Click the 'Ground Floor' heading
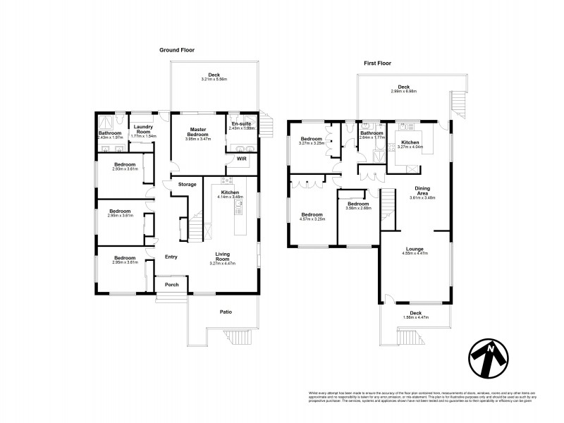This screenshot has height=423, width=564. [176, 50]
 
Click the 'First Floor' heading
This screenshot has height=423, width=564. [378, 63]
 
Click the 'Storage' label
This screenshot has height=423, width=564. [187, 185]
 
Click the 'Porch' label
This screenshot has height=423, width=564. [171, 286]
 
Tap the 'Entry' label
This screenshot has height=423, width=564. [171, 257]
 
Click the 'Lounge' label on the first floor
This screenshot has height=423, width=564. [415, 248]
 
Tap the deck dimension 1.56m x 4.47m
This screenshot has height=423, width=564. [415, 317]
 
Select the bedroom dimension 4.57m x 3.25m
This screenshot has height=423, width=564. [312, 219]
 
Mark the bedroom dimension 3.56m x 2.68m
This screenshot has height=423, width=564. [358, 208]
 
